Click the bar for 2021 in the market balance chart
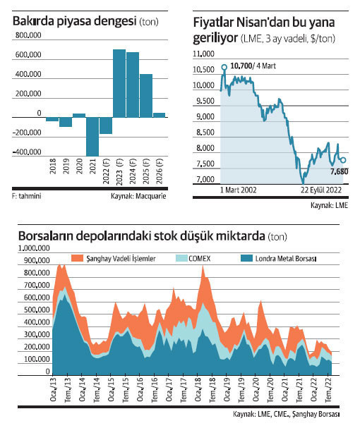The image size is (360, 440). coord(92,135)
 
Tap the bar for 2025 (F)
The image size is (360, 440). coord(146,94)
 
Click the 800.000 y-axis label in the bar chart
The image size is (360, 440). coord(27,36)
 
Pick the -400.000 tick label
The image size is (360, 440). coord(26,152)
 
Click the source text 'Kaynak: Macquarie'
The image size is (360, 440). coord(139,196)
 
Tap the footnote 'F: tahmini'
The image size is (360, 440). coord(26,196)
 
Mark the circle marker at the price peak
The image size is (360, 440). coord(224,68)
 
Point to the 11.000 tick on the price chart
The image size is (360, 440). coord(203,54)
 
